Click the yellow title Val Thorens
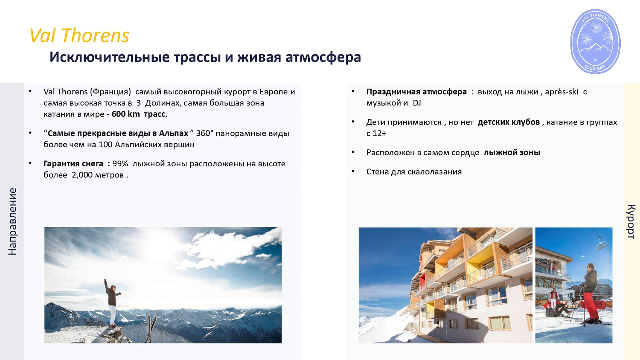[79, 35]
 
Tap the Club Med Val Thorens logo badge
[596, 42]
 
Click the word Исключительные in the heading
[110, 57]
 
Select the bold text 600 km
[126, 114]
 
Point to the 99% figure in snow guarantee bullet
[120, 164]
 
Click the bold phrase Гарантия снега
[73, 164]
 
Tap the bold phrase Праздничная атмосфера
[416, 92]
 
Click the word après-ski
[561, 92]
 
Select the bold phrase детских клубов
[509, 122]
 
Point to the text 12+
[379, 133]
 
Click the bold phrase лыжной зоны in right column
[512, 152]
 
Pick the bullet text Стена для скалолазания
[414, 171]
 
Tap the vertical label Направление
[12, 221]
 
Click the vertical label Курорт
[631, 221]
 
